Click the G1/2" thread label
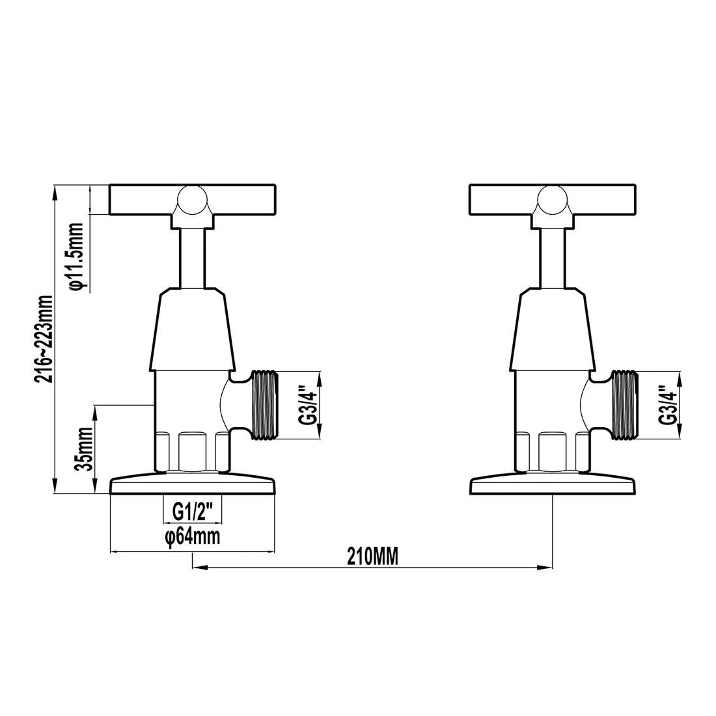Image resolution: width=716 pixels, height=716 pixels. pyautogui.click(x=192, y=512)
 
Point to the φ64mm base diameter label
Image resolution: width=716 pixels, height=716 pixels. pyautogui.click(x=192, y=538)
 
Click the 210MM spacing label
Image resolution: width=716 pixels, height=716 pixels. pyautogui.click(x=372, y=557)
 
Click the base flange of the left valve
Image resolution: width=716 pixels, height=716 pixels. pyautogui.click(x=193, y=485)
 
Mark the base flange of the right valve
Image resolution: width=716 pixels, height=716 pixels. pyautogui.click(x=553, y=485)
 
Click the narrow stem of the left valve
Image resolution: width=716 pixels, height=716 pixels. pyautogui.click(x=192, y=257)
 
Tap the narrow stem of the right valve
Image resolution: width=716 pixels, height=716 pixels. pyautogui.click(x=553, y=257)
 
